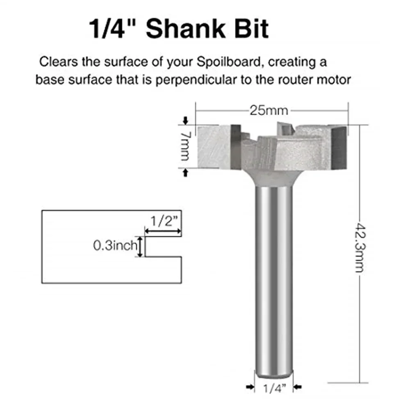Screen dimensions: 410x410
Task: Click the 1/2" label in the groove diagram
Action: click(x=163, y=222)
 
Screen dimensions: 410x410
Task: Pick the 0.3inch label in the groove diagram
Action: click(x=114, y=246)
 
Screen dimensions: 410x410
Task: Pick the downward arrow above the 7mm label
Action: click(x=186, y=121)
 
